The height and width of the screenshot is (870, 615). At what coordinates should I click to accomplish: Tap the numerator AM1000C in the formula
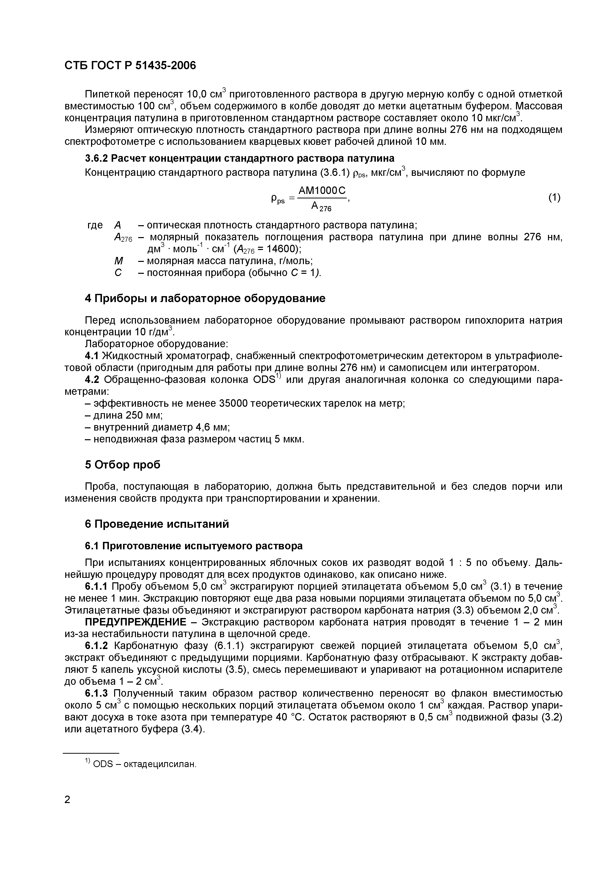323,191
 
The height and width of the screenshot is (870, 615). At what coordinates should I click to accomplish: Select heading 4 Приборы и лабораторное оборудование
205,298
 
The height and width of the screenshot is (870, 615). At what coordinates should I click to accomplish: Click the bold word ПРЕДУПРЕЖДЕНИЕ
135,622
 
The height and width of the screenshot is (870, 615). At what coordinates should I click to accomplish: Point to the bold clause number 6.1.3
97,693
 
